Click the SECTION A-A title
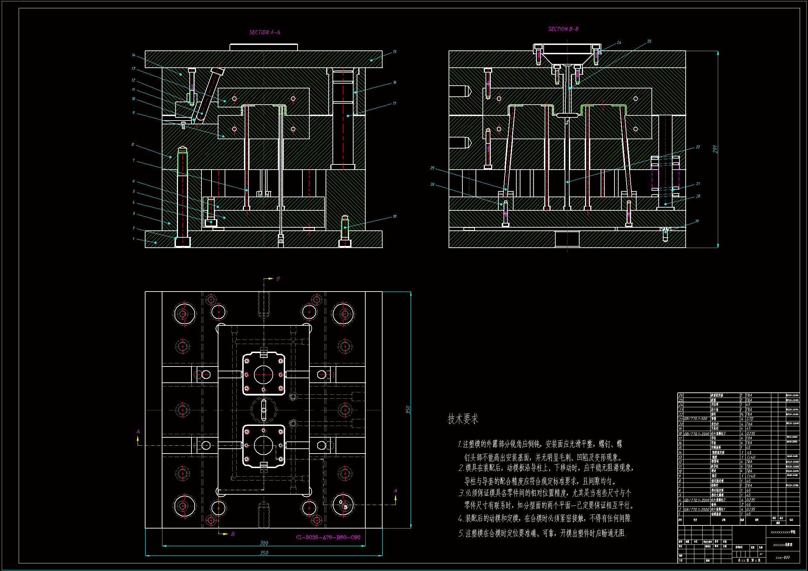tap(265, 32)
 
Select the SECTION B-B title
tap(563, 29)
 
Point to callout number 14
tap(134, 55)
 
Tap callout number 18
tap(395, 216)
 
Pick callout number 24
tap(619, 42)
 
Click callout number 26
tap(432, 184)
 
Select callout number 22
tap(698, 147)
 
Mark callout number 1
tap(133, 239)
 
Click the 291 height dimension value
tap(715, 149)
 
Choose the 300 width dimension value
tap(264, 543)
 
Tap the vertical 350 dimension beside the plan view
tap(408, 410)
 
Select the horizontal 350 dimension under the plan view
tap(264, 553)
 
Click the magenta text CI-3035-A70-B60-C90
tap(328, 537)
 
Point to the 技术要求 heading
tap(463, 419)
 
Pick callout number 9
tap(133, 113)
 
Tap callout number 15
tap(395, 52)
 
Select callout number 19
tap(697, 221)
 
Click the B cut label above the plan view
tap(278, 279)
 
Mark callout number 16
tap(395, 82)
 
